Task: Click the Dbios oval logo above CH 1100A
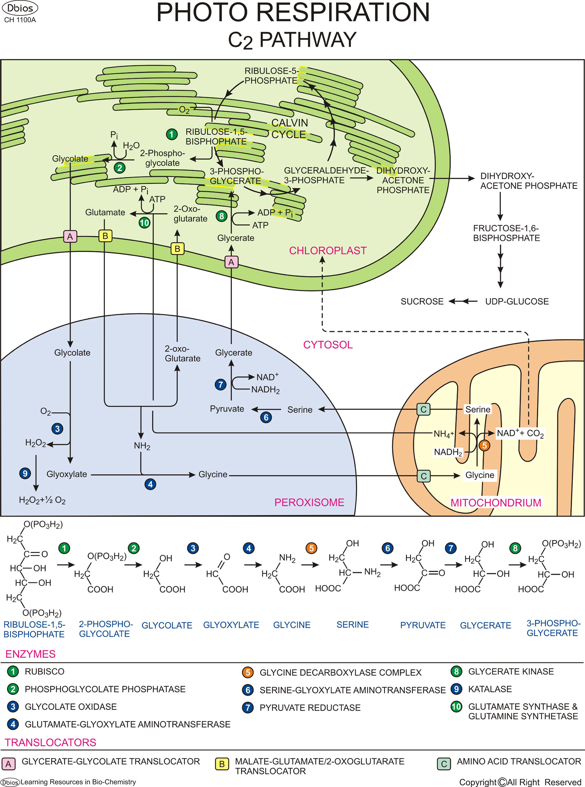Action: tap(20, 8)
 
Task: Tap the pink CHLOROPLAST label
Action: tap(328, 251)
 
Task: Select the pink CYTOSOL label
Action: tap(328, 345)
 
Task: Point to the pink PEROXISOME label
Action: tap(309, 503)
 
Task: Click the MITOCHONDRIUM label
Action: tap(495, 503)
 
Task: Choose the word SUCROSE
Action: tap(422, 302)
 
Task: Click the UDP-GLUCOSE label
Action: tap(517, 302)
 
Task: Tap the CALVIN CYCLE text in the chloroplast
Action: tap(289, 129)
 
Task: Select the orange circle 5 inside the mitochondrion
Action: tap(484, 445)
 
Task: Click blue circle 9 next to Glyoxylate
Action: tap(25, 474)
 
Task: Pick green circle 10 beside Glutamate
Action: tap(144, 223)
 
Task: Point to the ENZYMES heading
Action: tap(30, 654)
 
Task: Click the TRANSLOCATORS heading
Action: tap(50, 742)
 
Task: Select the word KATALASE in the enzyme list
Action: tap(490, 689)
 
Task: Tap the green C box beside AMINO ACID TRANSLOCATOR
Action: tap(444, 764)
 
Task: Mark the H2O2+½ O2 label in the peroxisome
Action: tap(42, 500)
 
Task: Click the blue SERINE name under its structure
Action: tap(352, 625)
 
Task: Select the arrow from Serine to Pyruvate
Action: tap(266, 409)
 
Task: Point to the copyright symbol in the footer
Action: tap(502, 782)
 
